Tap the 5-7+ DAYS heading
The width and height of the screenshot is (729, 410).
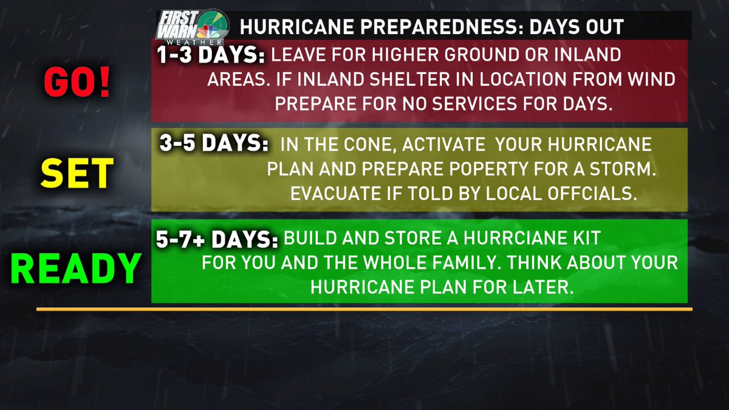coord(215,239)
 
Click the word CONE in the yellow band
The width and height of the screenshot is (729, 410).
coord(358,146)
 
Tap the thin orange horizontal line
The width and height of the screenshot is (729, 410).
coord(364,309)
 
